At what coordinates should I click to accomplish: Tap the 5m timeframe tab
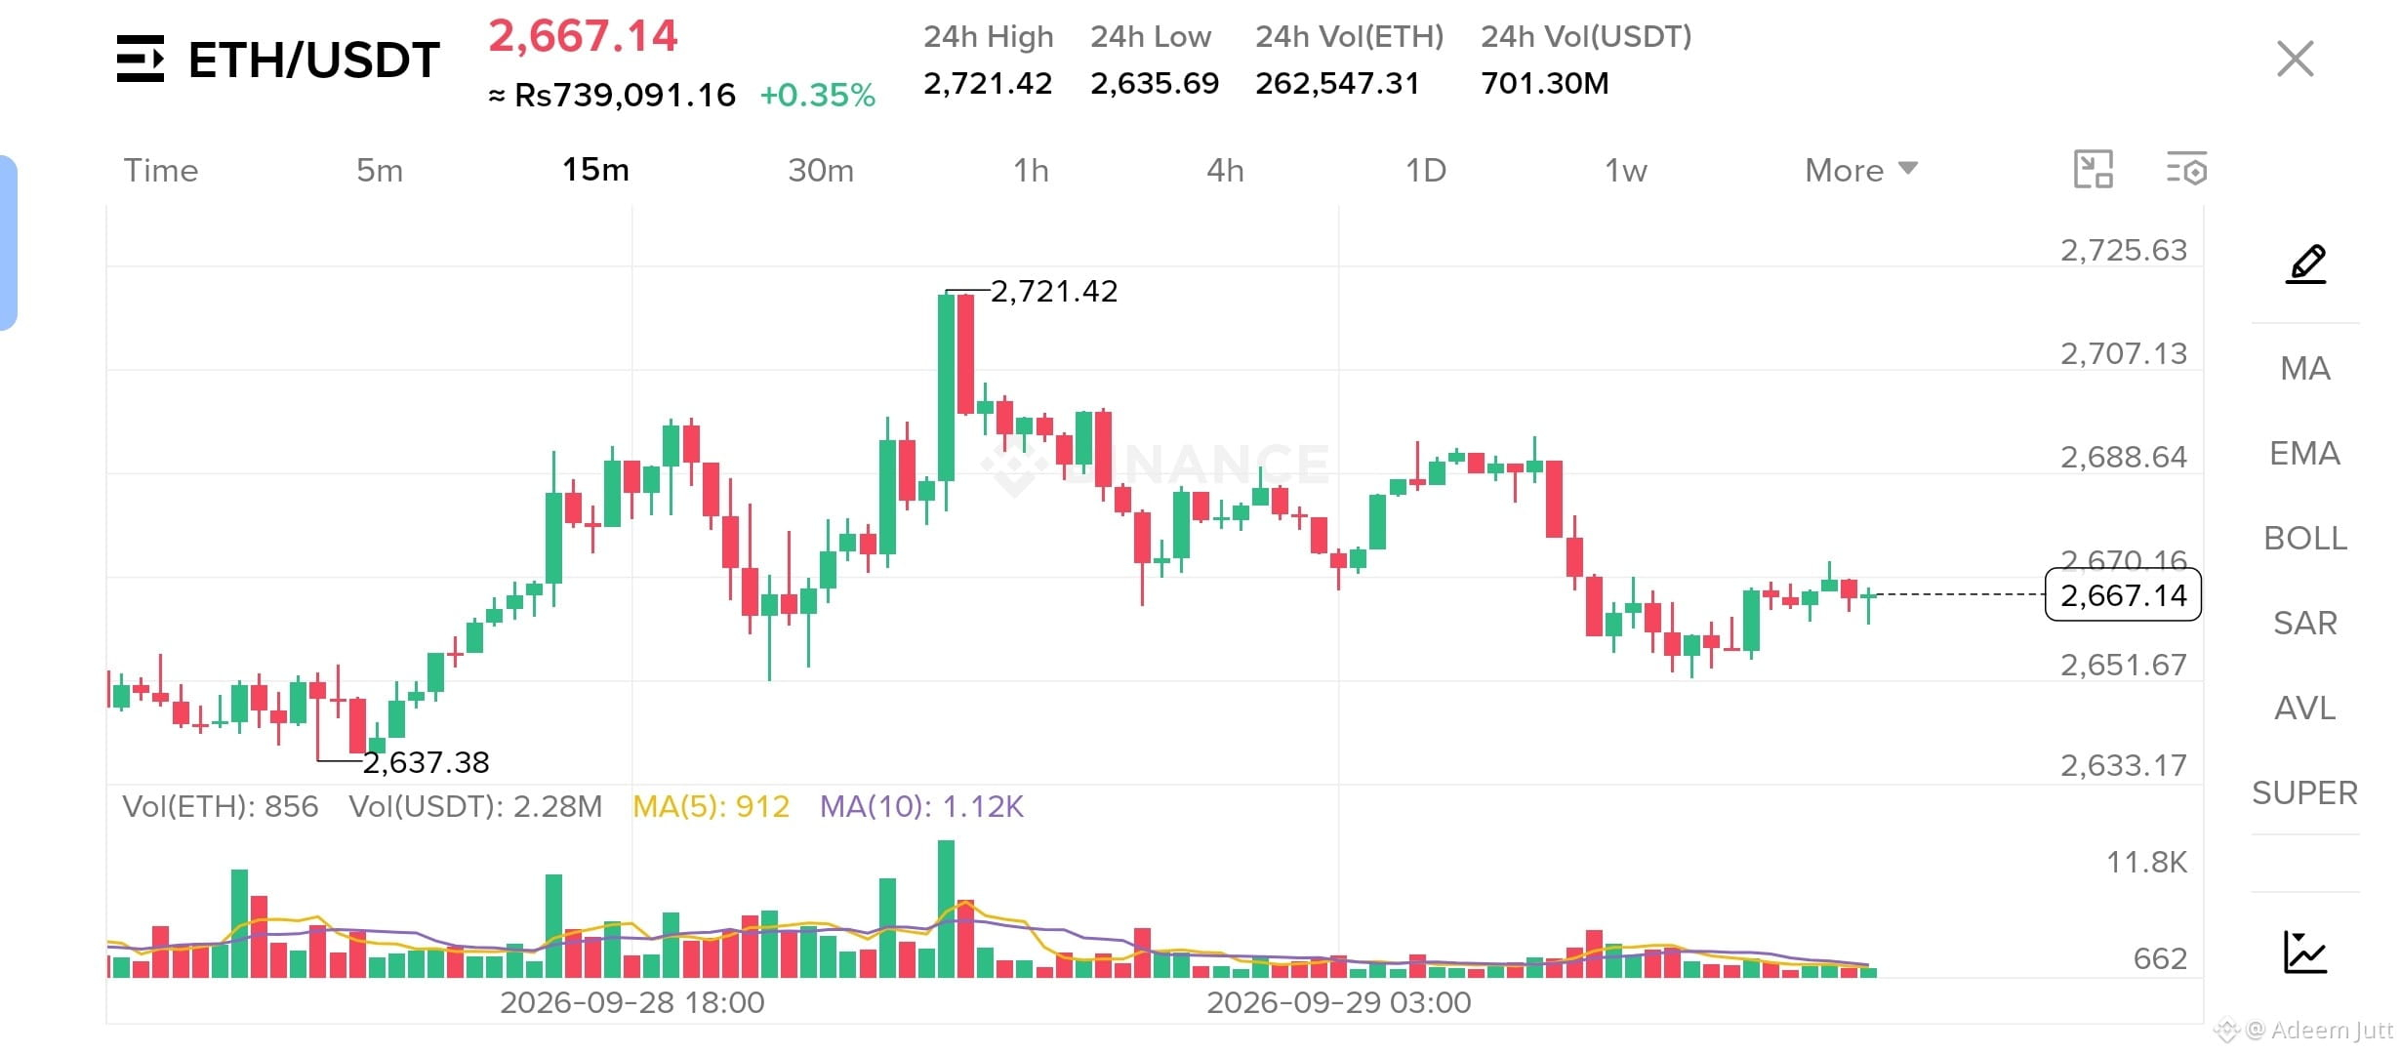(380, 171)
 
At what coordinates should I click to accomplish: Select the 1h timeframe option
(1031, 171)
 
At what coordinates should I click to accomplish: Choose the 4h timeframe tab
(1225, 171)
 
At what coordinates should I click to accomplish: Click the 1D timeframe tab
(1425, 171)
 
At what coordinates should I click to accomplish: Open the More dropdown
(1861, 170)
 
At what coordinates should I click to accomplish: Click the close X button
(2295, 59)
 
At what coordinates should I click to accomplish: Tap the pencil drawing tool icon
(2305, 264)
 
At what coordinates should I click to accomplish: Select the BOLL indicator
(2305, 539)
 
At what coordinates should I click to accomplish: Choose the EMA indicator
(2305, 454)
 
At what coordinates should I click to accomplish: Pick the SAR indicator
(2305, 624)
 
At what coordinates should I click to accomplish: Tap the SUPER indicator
(2305, 793)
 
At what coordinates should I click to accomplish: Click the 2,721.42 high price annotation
(1054, 292)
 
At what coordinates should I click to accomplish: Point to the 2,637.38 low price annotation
(427, 762)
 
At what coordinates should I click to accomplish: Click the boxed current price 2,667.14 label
(2123, 594)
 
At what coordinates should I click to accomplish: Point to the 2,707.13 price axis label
(2124, 353)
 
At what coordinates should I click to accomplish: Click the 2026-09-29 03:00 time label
(1339, 1002)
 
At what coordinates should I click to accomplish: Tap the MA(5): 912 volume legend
(711, 806)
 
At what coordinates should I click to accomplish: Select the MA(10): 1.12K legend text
(921, 806)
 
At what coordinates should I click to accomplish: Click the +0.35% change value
(818, 95)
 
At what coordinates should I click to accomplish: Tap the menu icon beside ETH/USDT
(141, 59)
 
